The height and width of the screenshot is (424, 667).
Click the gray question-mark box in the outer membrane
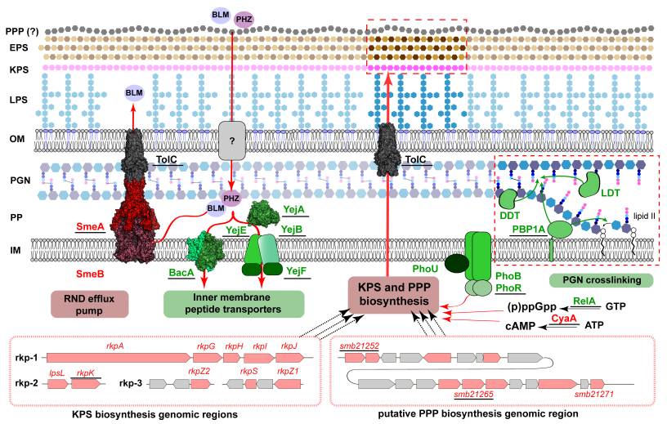[232, 141]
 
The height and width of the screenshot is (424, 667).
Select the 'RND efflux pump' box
[89, 304]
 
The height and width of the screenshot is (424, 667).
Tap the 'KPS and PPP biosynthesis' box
[393, 294]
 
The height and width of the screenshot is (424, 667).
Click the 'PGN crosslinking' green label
[602, 280]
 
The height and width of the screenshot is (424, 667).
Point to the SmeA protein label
[90, 226]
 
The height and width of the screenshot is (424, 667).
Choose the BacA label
[181, 273]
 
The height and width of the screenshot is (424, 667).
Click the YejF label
[297, 271]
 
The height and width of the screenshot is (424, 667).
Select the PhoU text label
[425, 269]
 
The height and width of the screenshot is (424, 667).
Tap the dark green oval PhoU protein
[457, 263]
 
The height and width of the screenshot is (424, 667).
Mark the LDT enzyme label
[611, 193]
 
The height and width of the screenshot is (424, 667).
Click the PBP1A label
[528, 230]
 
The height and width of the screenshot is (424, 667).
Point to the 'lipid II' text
[644, 216]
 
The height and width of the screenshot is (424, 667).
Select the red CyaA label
[564, 318]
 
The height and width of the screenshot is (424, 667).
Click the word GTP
[616, 306]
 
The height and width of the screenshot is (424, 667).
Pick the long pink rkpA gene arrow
[119, 358]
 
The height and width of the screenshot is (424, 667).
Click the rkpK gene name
[86, 373]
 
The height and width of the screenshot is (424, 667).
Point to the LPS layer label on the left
[19, 100]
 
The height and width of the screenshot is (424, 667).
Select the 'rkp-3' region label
[131, 383]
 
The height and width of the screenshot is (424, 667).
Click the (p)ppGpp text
[532, 306]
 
